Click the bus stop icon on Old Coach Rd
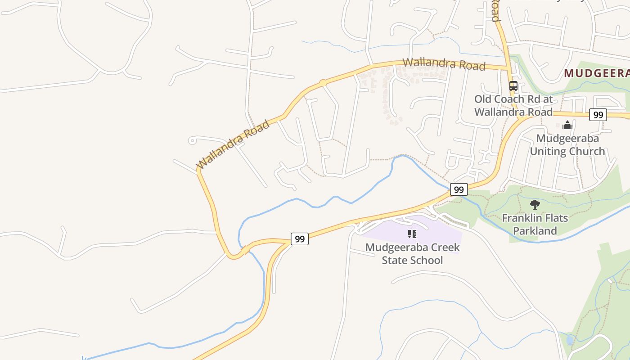tap(513, 85)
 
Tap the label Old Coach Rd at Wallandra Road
tap(513, 105)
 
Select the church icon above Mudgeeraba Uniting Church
tap(567, 125)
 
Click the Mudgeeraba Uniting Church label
tap(567, 144)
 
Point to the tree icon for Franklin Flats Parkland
tap(535, 205)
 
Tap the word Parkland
tap(535, 231)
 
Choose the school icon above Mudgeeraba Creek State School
tap(412, 234)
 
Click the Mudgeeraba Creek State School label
tap(412, 254)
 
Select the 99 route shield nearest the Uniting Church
tap(598, 115)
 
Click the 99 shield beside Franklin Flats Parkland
tap(459, 189)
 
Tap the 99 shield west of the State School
tap(299, 239)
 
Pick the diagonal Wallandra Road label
tap(233, 144)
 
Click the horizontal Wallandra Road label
tap(444, 64)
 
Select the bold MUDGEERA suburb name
tap(596, 73)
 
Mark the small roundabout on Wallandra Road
tap(323, 83)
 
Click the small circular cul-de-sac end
tap(192, 141)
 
